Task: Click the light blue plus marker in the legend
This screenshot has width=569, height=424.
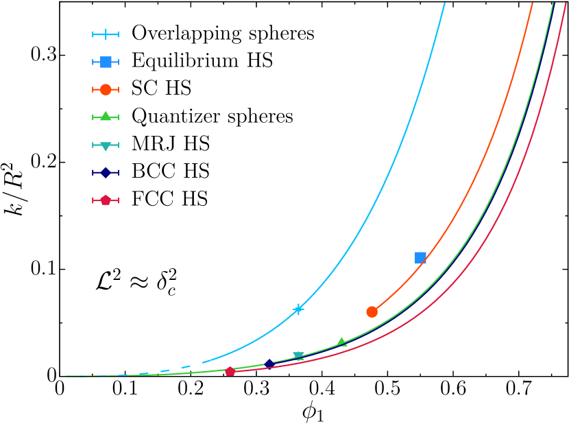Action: coord(106,34)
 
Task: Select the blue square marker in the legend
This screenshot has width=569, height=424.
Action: coord(106,62)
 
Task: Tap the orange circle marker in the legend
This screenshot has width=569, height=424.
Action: coord(106,89)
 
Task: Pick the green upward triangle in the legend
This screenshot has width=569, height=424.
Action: coord(106,117)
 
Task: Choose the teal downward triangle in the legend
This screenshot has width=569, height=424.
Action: coord(106,145)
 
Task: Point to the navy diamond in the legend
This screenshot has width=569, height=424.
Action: coord(106,173)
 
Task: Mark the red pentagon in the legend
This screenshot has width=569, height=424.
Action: coord(106,200)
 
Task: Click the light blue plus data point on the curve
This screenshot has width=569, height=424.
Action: coord(298,309)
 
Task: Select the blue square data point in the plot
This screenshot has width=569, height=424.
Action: coord(420,257)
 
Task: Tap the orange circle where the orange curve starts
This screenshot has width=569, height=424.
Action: coord(372,311)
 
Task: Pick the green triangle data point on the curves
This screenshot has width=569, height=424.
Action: coord(341,342)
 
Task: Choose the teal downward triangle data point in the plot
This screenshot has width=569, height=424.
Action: coord(299,355)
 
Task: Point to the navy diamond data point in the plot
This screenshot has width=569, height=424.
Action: coord(269,364)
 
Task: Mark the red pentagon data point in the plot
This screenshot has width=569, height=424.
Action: coord(230,371)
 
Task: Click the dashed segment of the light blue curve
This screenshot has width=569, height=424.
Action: coord(175,369)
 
